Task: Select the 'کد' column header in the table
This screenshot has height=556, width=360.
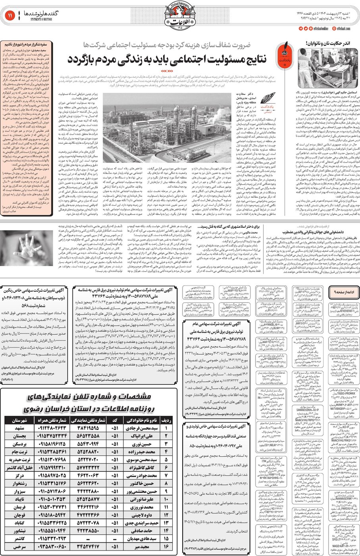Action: (115, 420)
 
